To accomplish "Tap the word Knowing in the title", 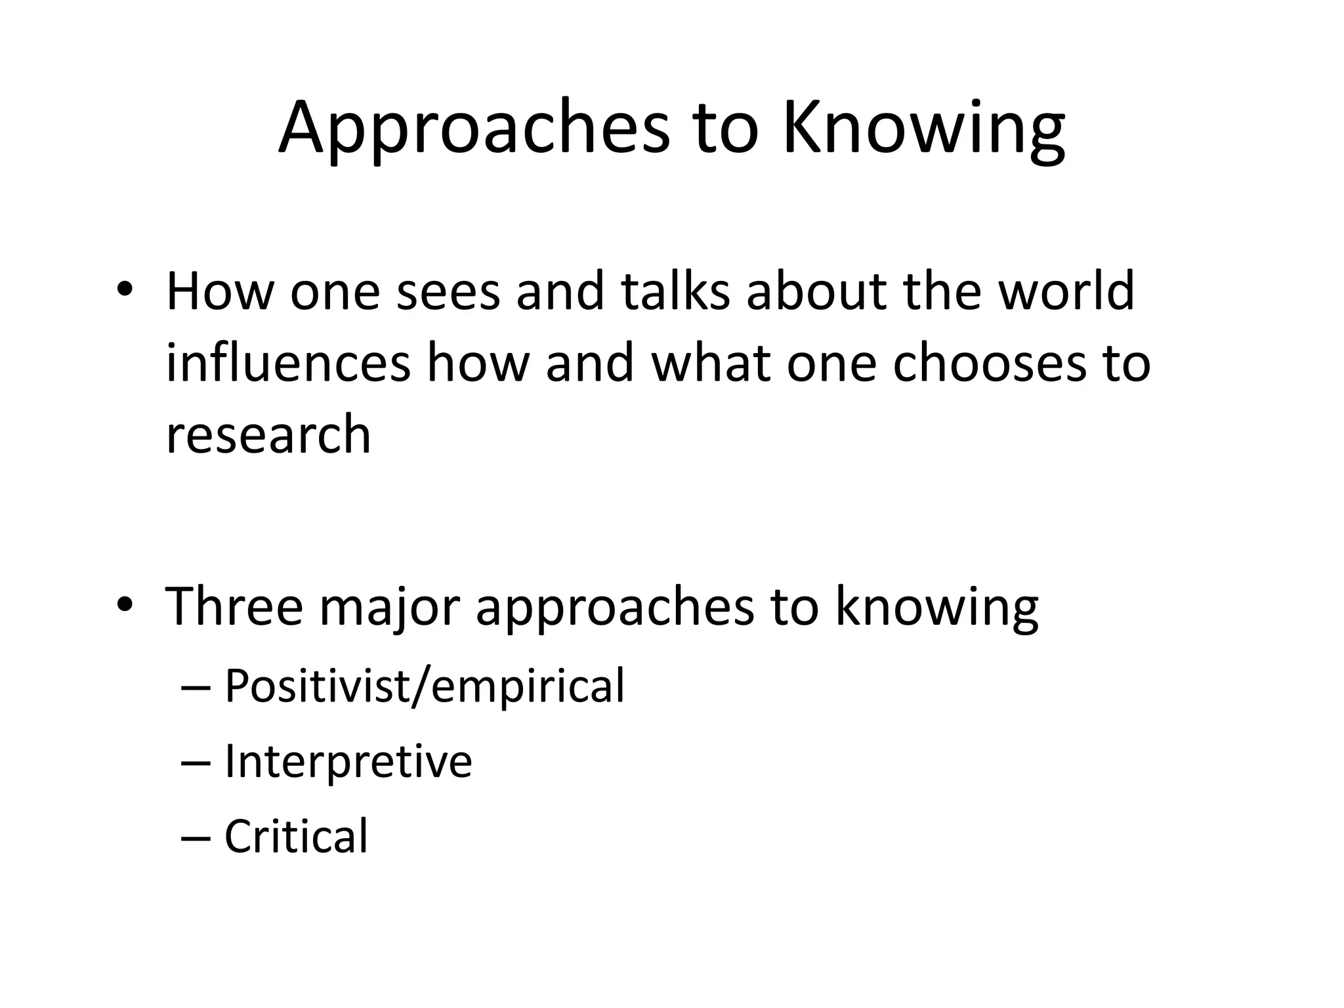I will (923, 128).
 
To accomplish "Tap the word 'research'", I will (268, 434).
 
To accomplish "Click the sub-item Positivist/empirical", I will (425, 686).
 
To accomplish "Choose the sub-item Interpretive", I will (348, 761).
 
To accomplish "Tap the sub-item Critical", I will (296, 836).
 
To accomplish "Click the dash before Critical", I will (196, 837).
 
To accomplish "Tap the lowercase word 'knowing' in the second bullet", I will (936, 607).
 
